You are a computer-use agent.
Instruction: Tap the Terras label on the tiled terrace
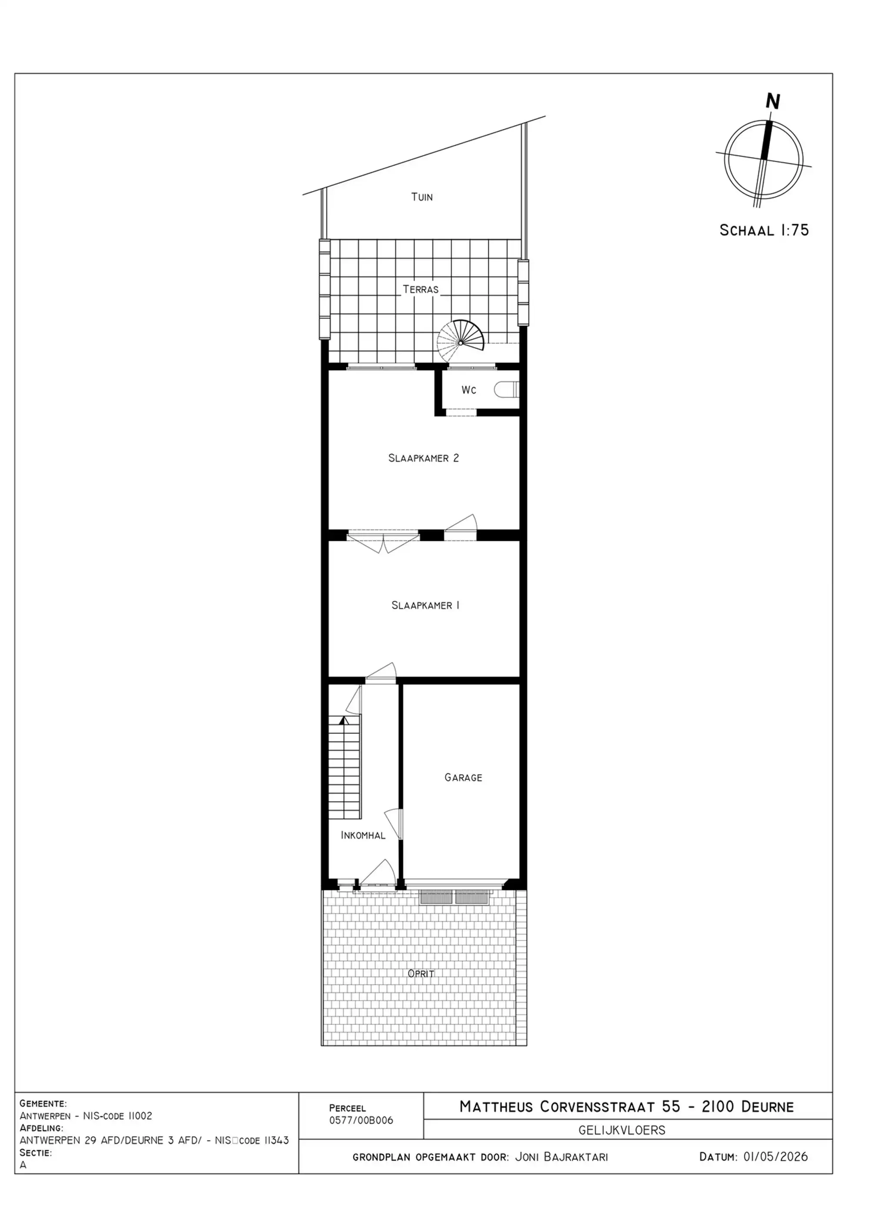(x=421, y=289)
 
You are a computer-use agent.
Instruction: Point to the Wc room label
(x=469, y=390)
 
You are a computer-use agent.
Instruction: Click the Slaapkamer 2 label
(x=423, y=458)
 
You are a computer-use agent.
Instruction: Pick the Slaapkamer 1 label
(x=425, y=605)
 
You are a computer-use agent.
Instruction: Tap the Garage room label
(x=464, y=777)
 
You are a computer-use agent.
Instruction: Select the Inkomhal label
(x=363, y=835)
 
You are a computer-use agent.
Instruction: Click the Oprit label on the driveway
(x=421, y=973)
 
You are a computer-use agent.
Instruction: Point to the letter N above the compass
(x=773, y=101)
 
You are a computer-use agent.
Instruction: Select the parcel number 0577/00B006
(x=361, y=1121)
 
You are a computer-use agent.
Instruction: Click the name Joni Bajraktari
(x=561, y=1157)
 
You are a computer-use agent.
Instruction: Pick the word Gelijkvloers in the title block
(x=622, y=1130)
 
